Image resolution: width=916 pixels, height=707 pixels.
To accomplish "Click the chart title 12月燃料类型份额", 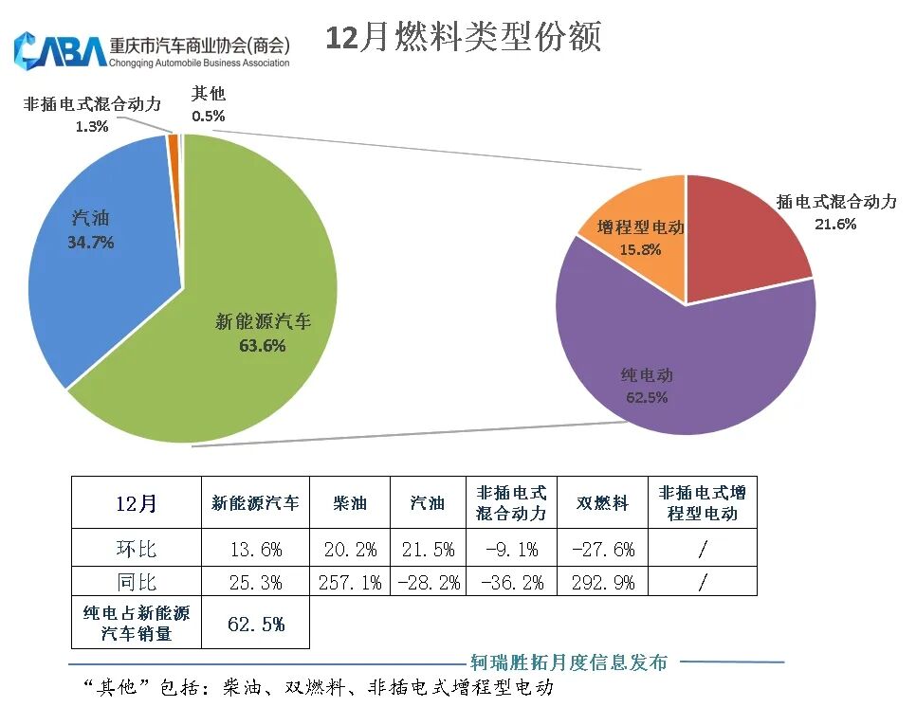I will coord(463,38).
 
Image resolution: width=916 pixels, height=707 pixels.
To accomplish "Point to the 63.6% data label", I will coord(263,347).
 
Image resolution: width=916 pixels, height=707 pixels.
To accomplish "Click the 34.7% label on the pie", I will coord(90,243).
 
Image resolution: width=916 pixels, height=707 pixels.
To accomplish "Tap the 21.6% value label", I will coord(835,225).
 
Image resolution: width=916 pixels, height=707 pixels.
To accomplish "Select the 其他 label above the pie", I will coord(209,94).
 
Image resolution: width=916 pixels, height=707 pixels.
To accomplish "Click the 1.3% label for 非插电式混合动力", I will coord(92,126).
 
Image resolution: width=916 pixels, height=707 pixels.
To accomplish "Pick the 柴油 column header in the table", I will coord(350,503).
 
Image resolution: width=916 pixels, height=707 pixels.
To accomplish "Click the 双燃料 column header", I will coord(602,503).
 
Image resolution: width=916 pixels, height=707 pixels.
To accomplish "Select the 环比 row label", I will coord(136,549).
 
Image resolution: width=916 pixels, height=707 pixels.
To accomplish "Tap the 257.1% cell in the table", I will coord(350,582).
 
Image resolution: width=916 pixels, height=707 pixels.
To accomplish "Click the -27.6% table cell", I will coord(602,549).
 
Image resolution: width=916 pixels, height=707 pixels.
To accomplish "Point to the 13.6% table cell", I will coord(255,549).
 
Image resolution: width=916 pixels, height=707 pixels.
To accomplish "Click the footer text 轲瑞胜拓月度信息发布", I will coord(569,662).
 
